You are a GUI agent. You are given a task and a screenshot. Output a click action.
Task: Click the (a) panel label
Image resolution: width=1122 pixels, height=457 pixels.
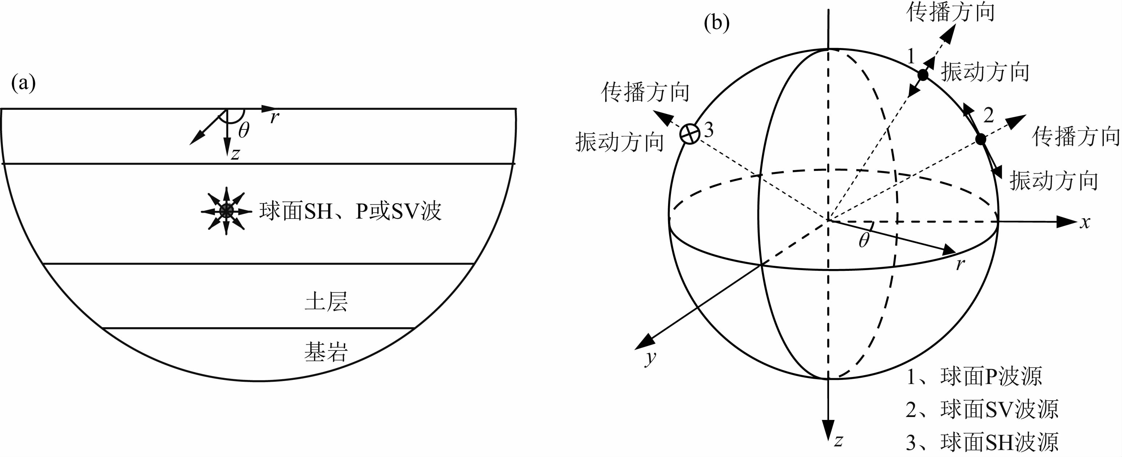point(24,83)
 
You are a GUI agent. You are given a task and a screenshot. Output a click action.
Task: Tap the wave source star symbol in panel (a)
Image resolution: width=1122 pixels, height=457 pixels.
point(226,211)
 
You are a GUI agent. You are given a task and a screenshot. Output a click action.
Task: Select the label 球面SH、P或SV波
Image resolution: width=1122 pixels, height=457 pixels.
point(350,211)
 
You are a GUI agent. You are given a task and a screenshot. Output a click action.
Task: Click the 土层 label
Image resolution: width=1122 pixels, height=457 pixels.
point(326,301)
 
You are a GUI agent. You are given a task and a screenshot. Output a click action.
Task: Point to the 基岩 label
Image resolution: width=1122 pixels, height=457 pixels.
point(326,352)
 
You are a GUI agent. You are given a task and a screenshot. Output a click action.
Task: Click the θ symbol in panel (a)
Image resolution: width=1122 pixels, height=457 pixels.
point(244,130)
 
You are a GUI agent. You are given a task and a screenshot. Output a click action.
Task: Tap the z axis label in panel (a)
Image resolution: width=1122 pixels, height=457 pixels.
point(235,154)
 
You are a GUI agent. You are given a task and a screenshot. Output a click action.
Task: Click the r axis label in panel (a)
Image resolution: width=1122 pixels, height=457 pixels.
point(274,117)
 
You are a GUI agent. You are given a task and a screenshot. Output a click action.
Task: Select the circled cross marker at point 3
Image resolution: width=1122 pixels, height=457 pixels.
point(690,133)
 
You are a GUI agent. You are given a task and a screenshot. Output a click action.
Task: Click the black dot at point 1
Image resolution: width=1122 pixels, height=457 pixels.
point(923,75)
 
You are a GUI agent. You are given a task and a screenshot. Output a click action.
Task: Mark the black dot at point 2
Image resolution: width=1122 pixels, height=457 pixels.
point(981,139)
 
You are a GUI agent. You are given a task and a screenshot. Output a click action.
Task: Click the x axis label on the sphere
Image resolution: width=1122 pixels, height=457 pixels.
point(1085,222)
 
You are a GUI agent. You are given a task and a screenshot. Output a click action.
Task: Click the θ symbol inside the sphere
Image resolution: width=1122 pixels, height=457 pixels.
point(864,240)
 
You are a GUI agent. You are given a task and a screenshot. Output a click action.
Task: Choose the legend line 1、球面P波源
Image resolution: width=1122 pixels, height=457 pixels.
point(974,376)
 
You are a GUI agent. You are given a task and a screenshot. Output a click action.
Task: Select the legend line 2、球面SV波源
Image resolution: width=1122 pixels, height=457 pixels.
point(982,409)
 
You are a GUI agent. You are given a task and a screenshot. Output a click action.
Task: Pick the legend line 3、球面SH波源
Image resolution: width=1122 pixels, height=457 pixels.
point(982,442)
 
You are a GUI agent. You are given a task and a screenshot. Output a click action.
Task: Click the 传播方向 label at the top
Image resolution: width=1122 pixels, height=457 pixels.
point(950,12)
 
